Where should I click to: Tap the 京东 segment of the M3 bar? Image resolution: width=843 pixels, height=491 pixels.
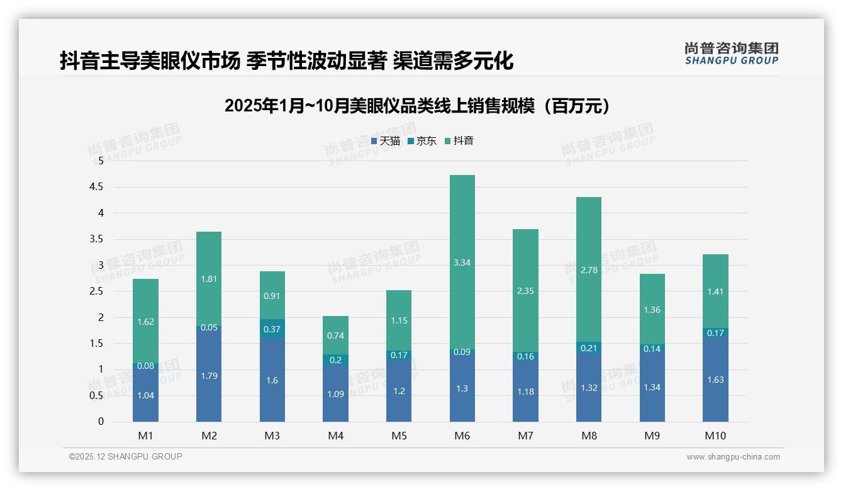coord(272,329)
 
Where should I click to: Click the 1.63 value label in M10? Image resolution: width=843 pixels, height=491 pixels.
coord(715,380)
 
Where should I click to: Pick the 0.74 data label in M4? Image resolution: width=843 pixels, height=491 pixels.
coord(335,336)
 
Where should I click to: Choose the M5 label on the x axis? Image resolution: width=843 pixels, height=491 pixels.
coord(399,436)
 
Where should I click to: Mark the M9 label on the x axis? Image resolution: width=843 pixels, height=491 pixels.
coord(652,436)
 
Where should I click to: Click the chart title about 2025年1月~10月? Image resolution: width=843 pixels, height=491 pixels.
coord(417,106)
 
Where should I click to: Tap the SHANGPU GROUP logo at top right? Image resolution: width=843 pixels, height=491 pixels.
coord(731,54)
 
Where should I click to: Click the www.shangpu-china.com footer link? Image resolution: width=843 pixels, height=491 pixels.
coord(733,457)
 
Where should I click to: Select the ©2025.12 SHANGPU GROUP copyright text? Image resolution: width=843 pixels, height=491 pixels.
coord(126,457)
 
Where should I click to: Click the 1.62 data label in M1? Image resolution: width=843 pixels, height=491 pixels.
coord(145,322)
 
